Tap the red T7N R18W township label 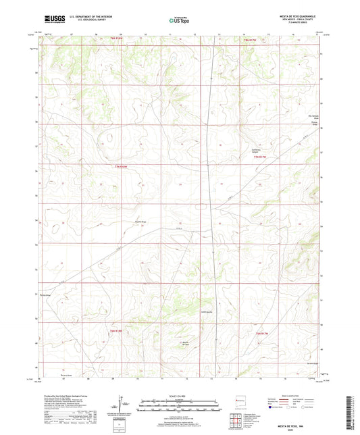coord(121,167)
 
